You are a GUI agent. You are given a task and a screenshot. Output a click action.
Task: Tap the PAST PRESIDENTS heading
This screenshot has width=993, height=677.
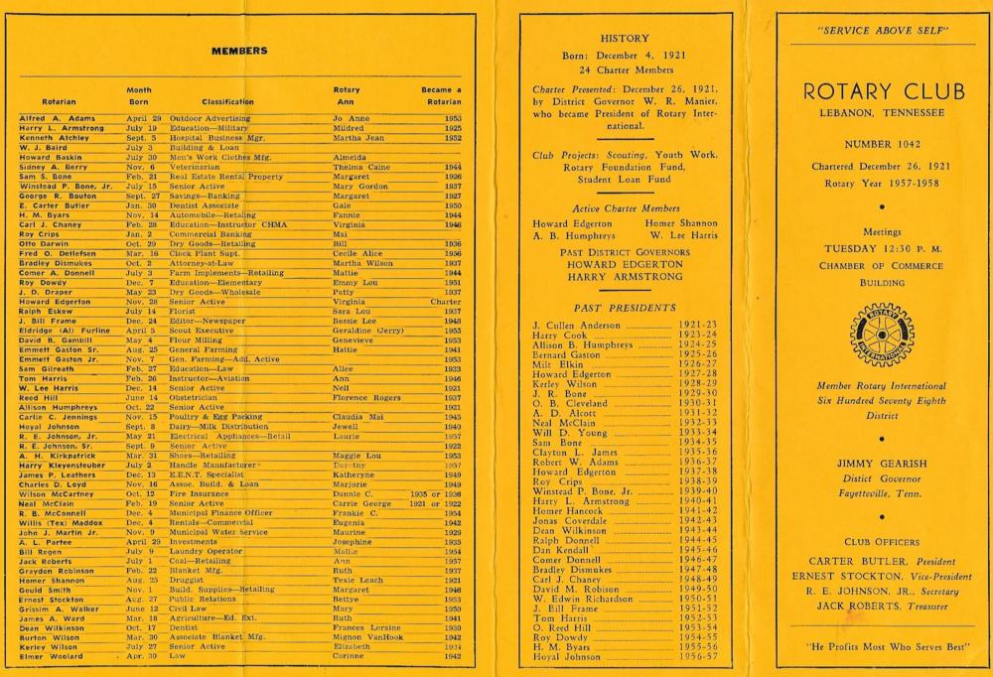tap(626, 309)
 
